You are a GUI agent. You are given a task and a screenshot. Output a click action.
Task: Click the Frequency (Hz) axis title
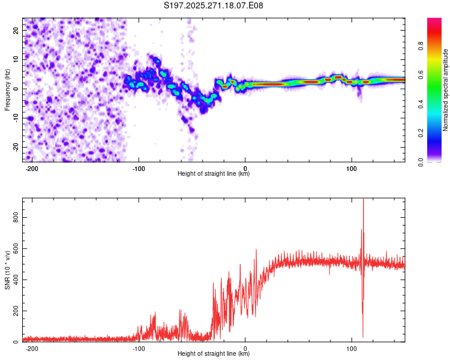pyautogui.click(x=7, y=89)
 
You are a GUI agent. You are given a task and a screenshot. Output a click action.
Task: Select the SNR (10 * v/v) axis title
pyautogui.click(x=7, y=270)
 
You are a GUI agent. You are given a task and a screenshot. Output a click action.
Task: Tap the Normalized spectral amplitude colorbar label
pyautogui.click(x=445, y=90)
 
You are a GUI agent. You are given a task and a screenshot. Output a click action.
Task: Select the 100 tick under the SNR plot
pyautogui.click(x=352, y=349)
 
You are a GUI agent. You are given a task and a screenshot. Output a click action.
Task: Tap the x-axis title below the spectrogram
pyautogui.click(x=214, y=174)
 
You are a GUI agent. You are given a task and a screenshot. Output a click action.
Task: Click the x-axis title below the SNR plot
pyautogui.click(x=214, y=354)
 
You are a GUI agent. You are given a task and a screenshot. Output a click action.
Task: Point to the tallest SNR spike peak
pyautogui.click(x=363, y=200)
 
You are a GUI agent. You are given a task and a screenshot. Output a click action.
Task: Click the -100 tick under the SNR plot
pyautogui.click(x=139, y=349)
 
